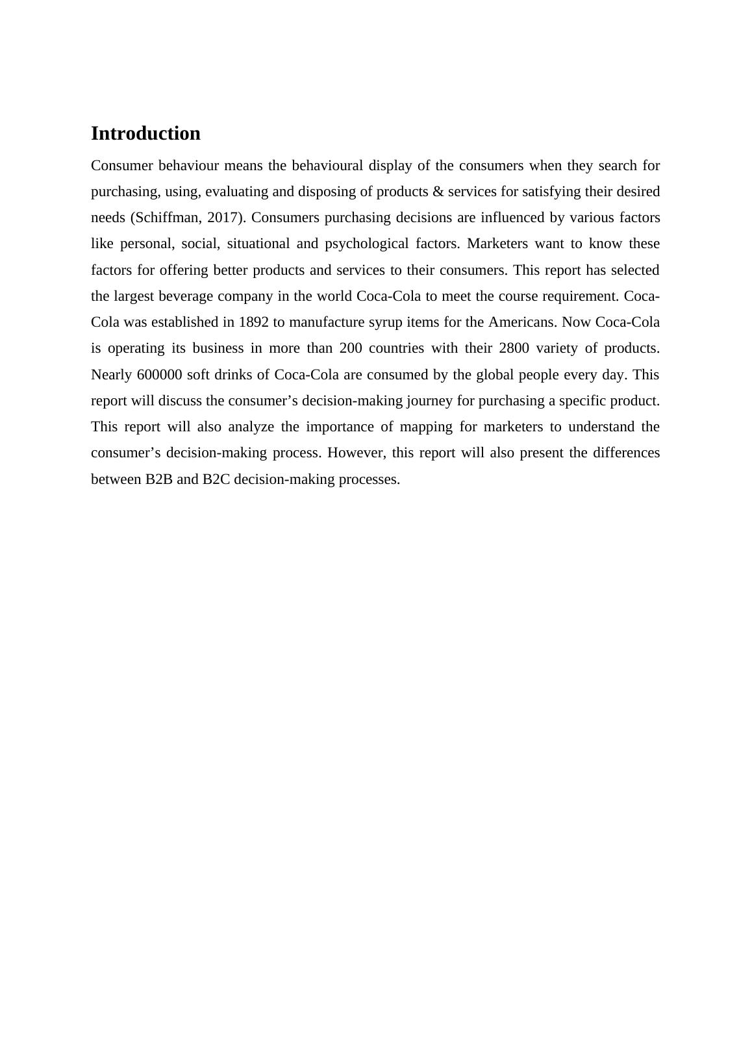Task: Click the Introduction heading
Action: tap(145, 133)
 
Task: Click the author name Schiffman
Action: tap(168, 218)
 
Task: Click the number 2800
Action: tap(514, 348)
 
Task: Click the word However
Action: tap(356, 453)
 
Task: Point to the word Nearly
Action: tap(112, 375)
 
